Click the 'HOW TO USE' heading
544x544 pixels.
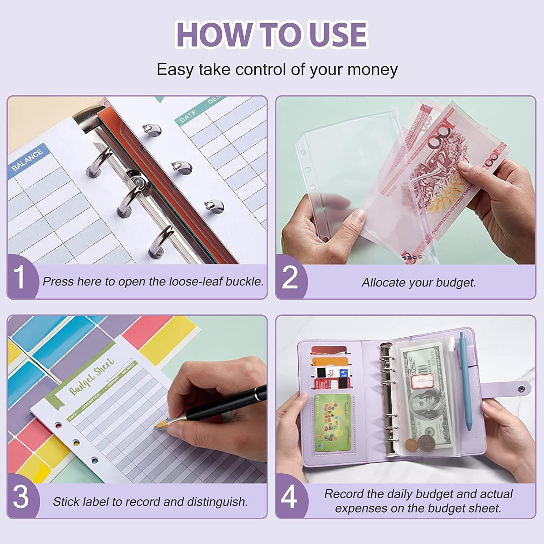(272, 34)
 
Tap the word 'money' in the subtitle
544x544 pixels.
(372, 69)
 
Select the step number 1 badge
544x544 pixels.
(20, 277)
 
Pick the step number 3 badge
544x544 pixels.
(21, 497)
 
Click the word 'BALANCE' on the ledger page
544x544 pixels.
(27, 160)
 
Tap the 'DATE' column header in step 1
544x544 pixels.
(188, 116)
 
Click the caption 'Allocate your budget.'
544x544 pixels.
(419, 283)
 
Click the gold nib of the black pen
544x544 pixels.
(161, 424)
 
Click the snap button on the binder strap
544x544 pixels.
(522, 389)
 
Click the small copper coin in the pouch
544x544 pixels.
(411, 445)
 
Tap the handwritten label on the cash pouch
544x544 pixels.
(423, 380)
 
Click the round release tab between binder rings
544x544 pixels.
(137, 180)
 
